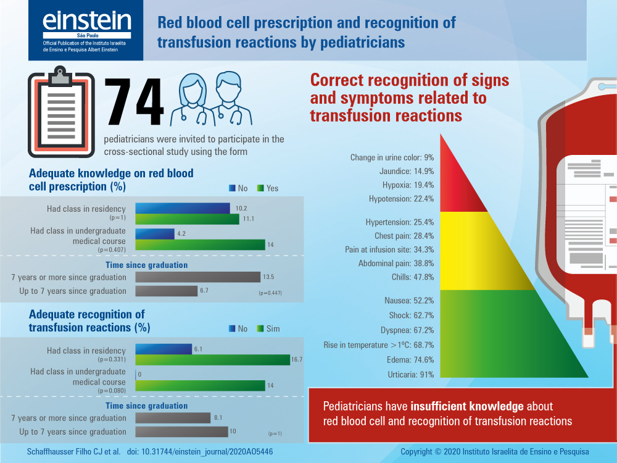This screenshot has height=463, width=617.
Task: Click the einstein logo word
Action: click(86, 22)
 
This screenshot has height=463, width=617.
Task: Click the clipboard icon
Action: click(61, 114)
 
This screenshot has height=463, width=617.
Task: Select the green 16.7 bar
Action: click(212, 360)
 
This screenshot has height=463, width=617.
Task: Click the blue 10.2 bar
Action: click(183, 208)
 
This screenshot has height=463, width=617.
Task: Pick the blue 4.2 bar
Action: click(154, 234)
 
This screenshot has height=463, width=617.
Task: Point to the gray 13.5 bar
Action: click(197, 277)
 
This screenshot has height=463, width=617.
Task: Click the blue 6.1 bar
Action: click(164, 349)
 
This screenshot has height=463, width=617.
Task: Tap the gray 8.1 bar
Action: click(173, 418)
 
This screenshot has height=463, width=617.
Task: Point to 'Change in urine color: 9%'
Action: click(392, 157)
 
